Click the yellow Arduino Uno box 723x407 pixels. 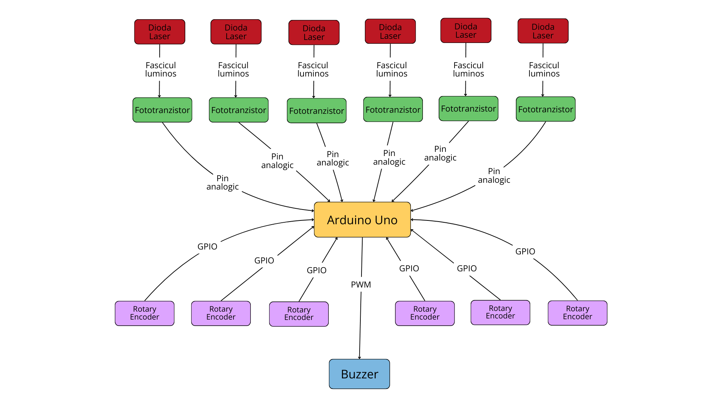point(362,220)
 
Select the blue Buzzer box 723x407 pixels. point(359,374)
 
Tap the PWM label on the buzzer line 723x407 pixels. point(361,285)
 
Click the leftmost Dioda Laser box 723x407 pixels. point(160,32)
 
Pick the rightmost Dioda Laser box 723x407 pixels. point(543,31)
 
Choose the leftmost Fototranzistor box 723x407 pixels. point(162,110)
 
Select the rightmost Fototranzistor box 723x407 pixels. point(545,109)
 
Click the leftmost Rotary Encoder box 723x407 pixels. point(145,313)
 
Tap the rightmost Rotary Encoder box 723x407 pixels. point(577,313)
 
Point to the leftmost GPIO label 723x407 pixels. point(207,246)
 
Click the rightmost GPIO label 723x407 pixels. point(525,251)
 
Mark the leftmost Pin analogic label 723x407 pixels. point(223,182)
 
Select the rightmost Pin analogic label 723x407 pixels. point(494,176)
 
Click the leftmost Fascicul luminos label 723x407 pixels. point(161,69)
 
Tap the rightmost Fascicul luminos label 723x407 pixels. point(544,69)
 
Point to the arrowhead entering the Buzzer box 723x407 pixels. point(359,358)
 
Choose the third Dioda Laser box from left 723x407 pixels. point(314,33)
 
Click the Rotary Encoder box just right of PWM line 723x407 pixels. point(425,313)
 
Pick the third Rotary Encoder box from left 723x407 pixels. point(299,314)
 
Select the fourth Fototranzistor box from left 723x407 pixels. point(393,110)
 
